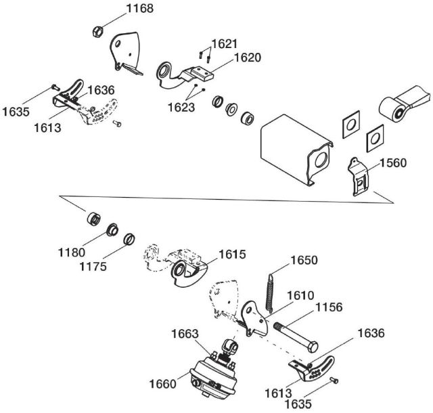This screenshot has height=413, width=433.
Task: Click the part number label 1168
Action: coord(139,9)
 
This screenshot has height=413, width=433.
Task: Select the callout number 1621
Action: coord(223,44)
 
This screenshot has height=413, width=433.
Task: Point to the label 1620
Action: coord(248,58)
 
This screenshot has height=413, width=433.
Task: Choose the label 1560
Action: coord(393,162)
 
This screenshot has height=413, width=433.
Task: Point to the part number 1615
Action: coord(231,254)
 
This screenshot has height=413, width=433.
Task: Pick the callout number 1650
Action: coord(304,261)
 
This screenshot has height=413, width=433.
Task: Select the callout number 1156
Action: coord(329,307)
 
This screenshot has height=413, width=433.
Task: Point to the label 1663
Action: coord(185,333)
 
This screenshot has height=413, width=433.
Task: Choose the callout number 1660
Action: coord(162,384)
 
